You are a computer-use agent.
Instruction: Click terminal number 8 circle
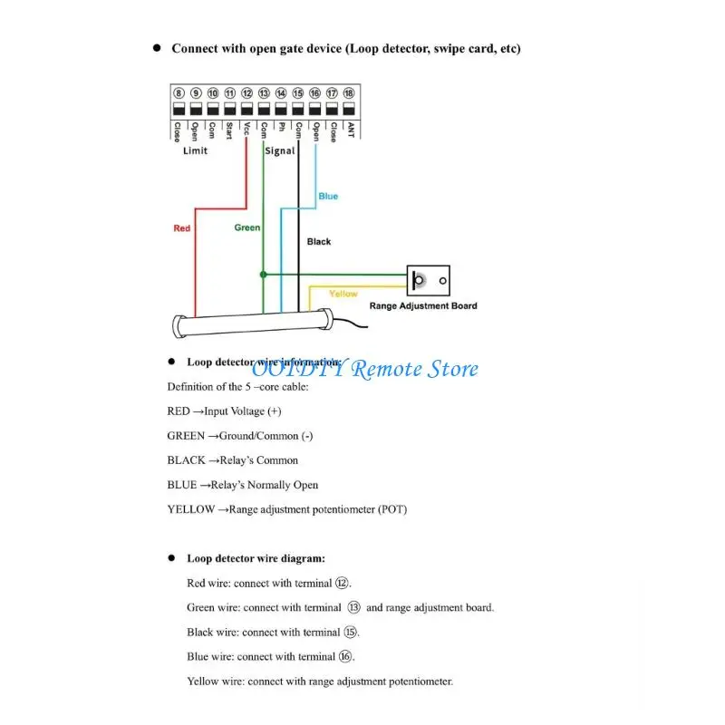[x=179, y=93]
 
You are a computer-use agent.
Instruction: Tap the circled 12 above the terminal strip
[x=246, y=93]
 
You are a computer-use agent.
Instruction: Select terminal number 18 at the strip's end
[x=349, y=93]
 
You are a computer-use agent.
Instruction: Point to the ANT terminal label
[x=350, y=130]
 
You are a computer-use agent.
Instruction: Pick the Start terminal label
[x=229, y=132]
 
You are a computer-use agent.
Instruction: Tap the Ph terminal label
[x=281, y=129]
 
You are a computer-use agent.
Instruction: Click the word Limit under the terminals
[x=195, y=150]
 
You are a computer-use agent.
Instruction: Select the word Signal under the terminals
[x=279, y=150]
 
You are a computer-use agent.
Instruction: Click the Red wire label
[x=182, y=228]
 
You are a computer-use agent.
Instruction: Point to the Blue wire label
[x=328, y=197]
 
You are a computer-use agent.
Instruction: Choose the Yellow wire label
[x=343, y=294]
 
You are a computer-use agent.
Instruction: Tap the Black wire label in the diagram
[x=319, y=242]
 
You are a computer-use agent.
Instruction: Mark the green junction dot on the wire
[x=263, y=273]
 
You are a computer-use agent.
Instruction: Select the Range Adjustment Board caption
[x=423, y=306]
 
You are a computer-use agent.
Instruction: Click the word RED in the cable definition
[x=179, y=411]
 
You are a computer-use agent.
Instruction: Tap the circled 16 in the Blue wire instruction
[x=345, y=656]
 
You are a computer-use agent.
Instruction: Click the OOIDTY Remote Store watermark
[x=364, y=369]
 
